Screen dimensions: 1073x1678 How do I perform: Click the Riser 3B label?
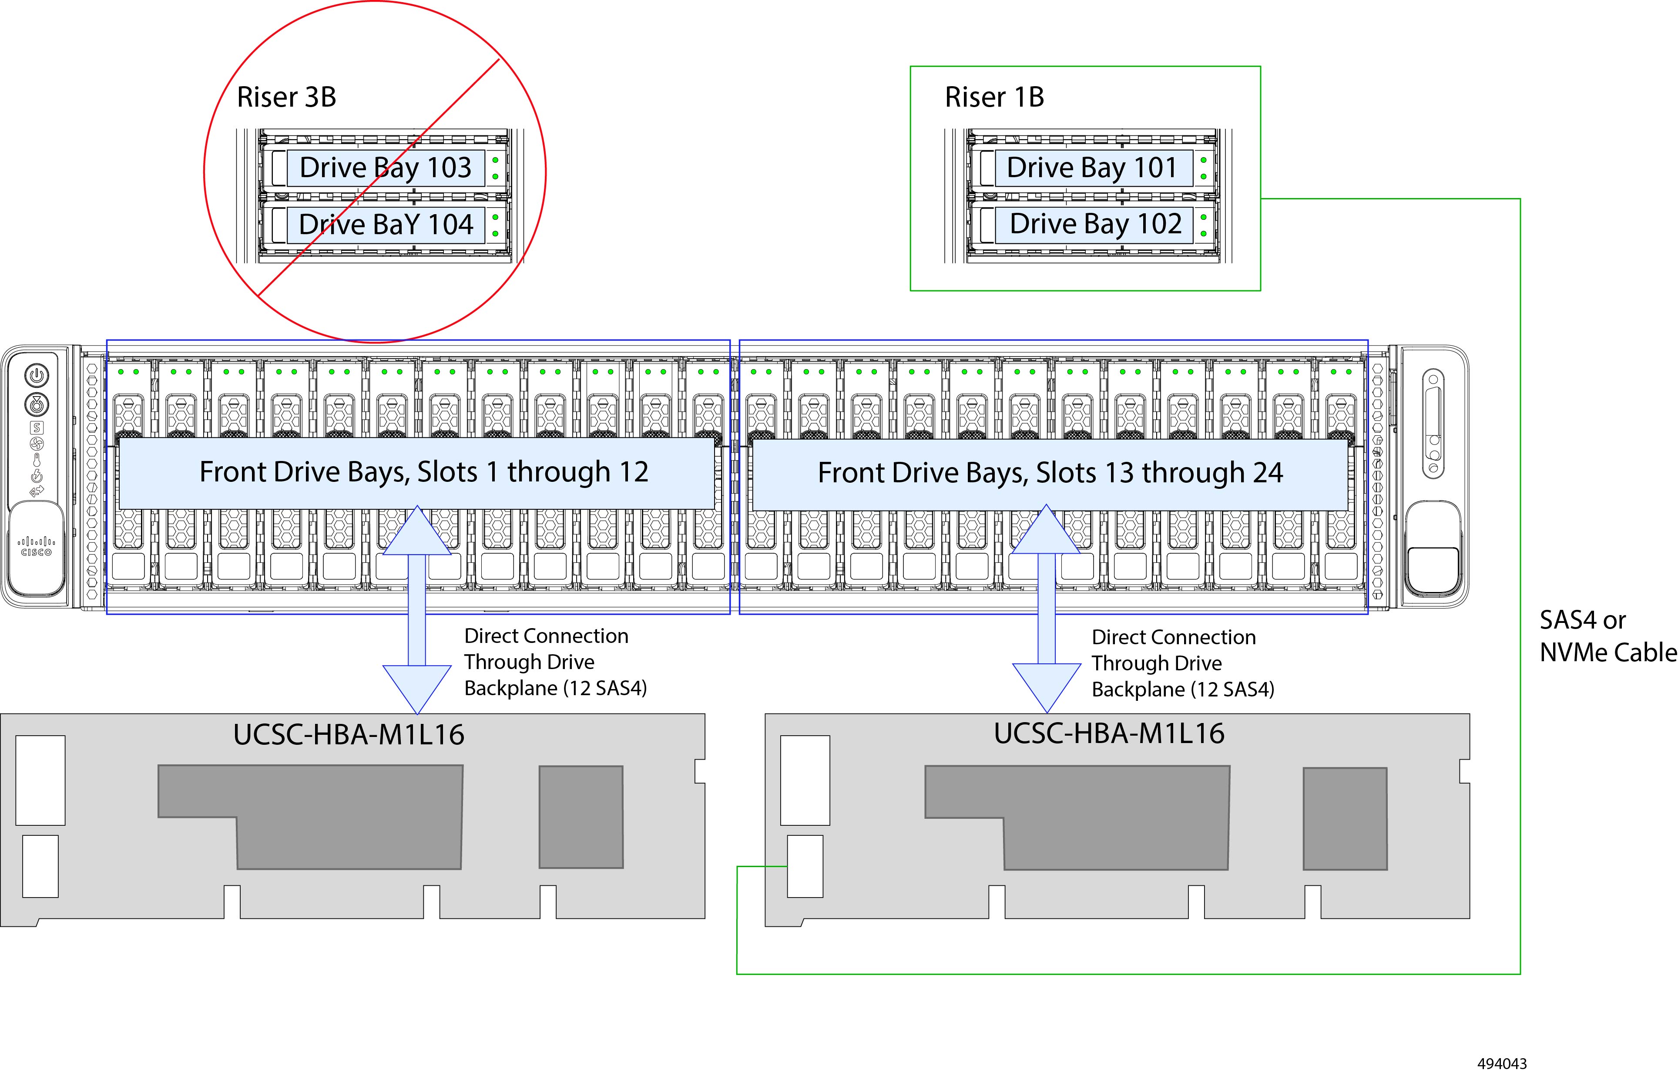(286, 97)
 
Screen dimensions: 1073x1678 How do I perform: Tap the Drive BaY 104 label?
(386, 225)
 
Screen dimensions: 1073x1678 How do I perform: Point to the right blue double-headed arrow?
(1046, 609)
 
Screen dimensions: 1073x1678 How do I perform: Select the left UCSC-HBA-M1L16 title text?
(349, 735)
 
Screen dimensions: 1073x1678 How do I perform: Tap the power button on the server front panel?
(37, 375)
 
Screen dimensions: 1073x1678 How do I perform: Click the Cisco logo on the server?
(36, 546)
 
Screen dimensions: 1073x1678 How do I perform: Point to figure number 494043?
(1502, 1063)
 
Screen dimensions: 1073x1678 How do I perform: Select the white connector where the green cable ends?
(805, 866)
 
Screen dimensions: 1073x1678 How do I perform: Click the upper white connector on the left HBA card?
(40, 780)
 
